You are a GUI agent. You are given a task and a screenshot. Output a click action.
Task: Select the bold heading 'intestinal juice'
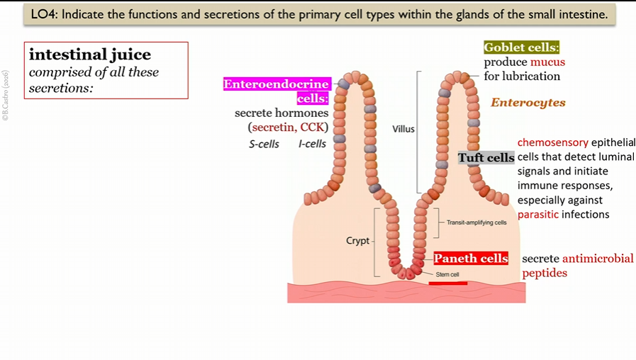[89, 54]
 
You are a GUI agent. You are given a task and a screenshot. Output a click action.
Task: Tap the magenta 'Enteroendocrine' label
[277, 84]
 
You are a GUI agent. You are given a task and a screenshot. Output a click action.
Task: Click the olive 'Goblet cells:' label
[521, 47]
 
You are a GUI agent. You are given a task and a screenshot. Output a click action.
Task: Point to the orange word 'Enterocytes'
[528, 103]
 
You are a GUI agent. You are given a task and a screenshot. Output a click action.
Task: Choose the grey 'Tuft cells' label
[486, 157]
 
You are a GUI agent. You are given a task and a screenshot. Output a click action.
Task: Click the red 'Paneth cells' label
[471, 259]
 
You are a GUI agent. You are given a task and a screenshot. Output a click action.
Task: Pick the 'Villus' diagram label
[403, 129]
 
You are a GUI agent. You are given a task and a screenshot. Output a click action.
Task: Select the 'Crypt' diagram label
[357, 241]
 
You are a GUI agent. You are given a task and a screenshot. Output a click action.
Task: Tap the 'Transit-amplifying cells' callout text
[476, 223]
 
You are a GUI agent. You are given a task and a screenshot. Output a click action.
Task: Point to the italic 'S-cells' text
[263, 144]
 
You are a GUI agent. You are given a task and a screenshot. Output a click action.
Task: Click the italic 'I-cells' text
[312, 144]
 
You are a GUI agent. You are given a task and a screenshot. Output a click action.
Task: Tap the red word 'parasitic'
[537, 214]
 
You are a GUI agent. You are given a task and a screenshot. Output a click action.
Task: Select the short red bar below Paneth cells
[447, 283]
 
